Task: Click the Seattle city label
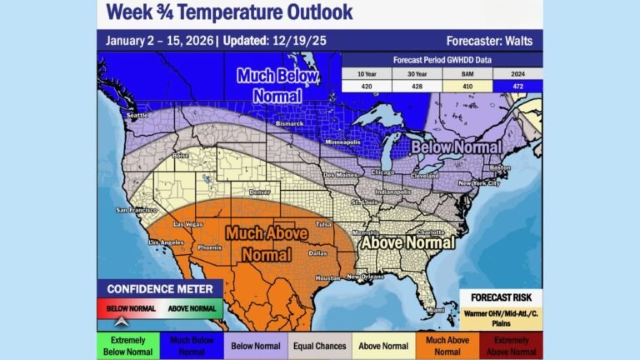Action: [x=137, y=115]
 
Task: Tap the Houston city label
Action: [x=329, y=277]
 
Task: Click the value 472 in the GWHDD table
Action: [x=517, y=86]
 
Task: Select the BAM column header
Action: [x=467, y=72]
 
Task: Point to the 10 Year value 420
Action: [x=367, y=86]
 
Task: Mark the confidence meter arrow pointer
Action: [x=122, y=319]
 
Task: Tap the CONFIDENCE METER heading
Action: [x=159, y=288]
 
